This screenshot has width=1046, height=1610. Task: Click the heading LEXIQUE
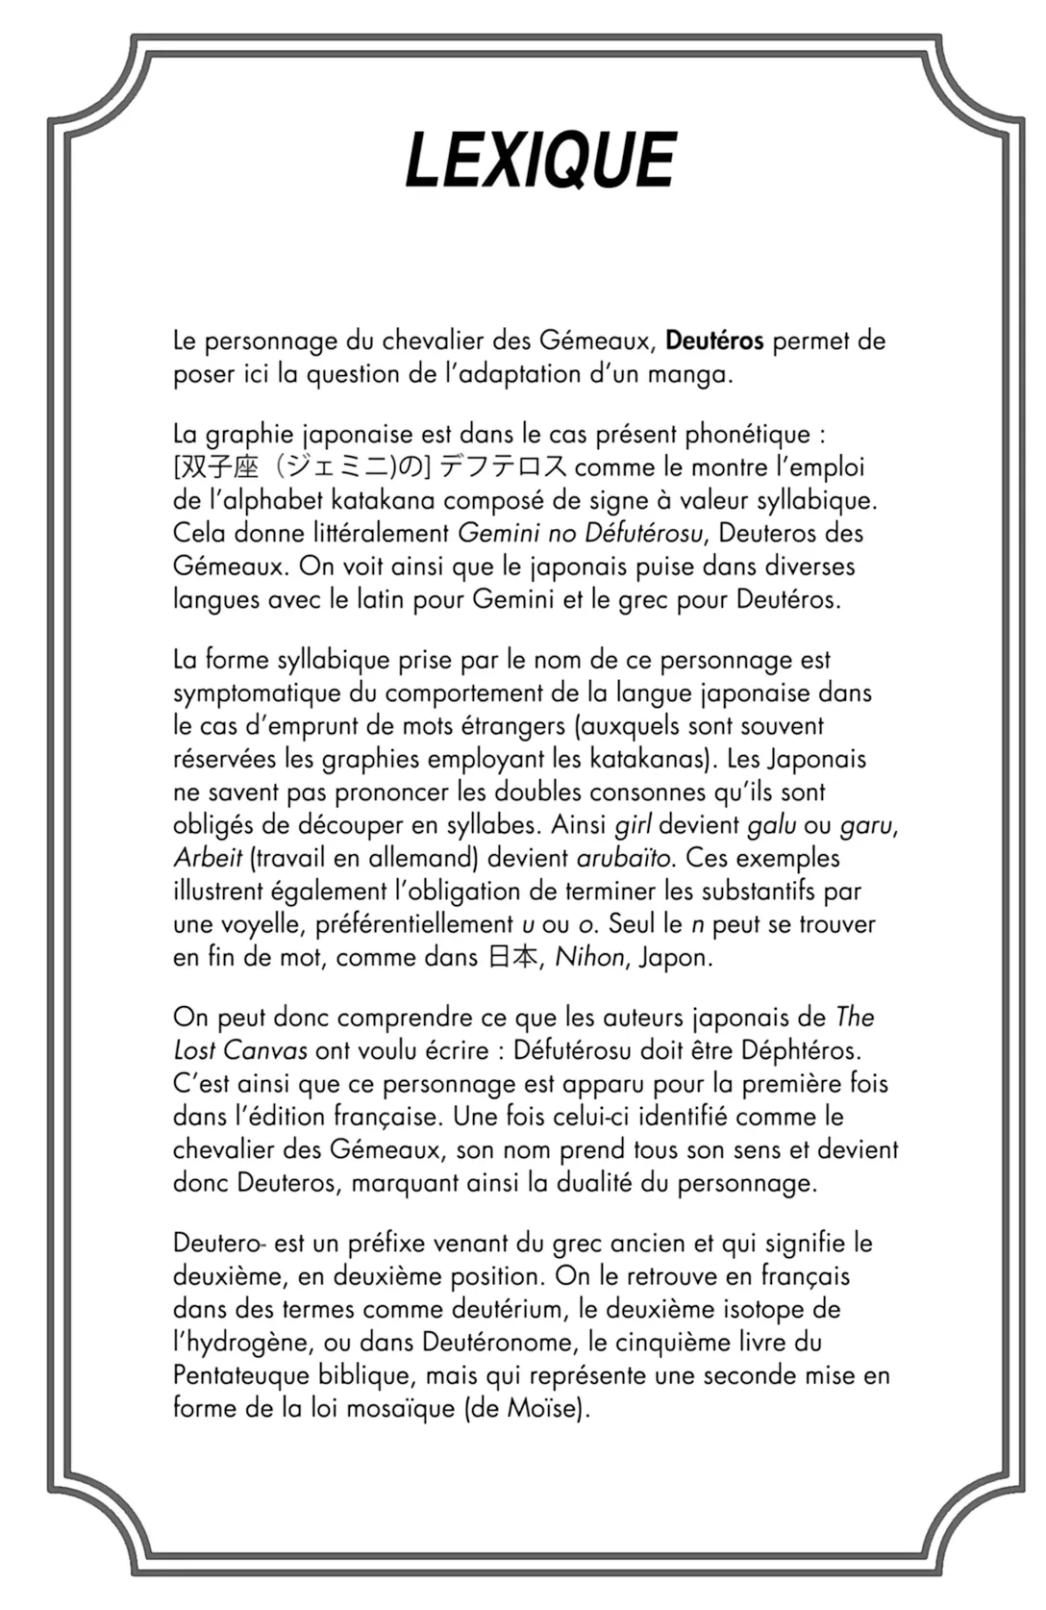[x=541, y=160]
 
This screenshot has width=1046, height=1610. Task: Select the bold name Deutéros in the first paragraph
[x=713, y=340]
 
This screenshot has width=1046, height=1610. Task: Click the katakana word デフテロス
[x=504, y=467]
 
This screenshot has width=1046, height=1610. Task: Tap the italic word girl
[x=633, y=825]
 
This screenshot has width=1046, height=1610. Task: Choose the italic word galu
[x=771, y=825]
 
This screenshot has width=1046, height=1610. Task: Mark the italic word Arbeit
[x=208, y=858]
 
